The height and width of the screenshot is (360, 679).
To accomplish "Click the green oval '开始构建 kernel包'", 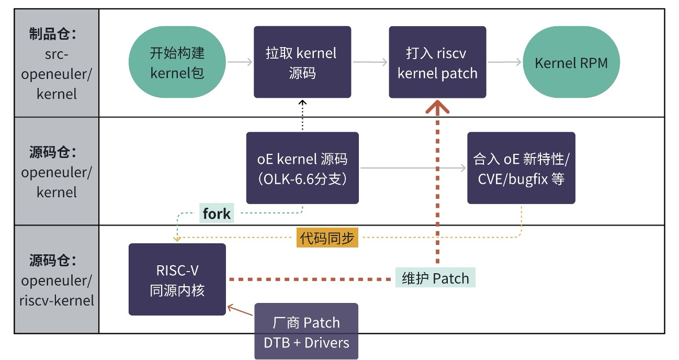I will point(177,62).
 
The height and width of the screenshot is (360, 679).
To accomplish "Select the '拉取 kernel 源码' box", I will point(302,62).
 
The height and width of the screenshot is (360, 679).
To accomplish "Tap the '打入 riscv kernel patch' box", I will point(437,62).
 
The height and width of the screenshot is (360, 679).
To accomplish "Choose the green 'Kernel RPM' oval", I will point(571,62).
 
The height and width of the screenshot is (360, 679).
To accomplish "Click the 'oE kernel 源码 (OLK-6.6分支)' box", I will point(302,168).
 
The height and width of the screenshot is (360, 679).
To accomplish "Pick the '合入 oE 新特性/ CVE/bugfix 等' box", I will point(521,168).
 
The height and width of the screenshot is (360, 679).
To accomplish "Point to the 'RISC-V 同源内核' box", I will point(177,279).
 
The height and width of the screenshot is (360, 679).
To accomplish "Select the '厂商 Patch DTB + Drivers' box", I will point(307,332).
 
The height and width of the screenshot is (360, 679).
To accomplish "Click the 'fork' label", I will point(217,213).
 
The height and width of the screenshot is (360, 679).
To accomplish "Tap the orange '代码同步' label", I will point(327,238).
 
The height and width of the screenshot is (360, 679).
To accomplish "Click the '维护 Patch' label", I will point(435,278).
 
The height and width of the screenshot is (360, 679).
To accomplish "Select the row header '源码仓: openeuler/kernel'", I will point(56,172).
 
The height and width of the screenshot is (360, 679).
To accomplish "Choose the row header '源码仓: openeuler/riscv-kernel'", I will point(56,280).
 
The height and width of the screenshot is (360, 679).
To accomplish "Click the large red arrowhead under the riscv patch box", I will point(437,107).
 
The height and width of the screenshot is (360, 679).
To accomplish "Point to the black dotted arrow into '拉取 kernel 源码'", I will point(302,115).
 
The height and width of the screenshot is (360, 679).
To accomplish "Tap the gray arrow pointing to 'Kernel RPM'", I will point(504,62).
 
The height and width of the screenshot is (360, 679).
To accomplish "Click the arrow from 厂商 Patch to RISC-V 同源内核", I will point(240,311).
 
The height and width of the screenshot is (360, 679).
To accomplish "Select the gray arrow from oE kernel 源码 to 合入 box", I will point(413,168).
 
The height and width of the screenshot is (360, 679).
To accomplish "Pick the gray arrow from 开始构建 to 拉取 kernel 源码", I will point(240,62).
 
